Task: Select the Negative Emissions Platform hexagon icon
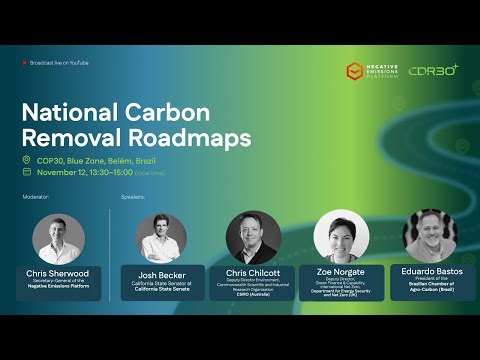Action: (x=354, y=71)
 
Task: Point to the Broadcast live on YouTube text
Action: (x=59, y=63)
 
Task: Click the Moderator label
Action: (x=36, y=197)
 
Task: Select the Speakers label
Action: (x=133, y=197)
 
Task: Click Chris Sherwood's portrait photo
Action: (x=58, y=238)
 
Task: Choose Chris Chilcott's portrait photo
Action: (x=253, y=237)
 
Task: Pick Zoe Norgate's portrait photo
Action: (x=341, y=237)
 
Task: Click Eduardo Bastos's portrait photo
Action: (x=430, y=236)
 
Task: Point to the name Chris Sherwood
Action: (x=58, y=273)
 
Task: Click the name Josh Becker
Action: (x=162, y=272)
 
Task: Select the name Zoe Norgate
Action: (x=341, y=271)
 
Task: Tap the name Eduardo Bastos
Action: (x=430, y=271)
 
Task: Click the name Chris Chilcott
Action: (x=253, y=271)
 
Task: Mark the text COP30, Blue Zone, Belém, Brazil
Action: (x=95, y=160)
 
